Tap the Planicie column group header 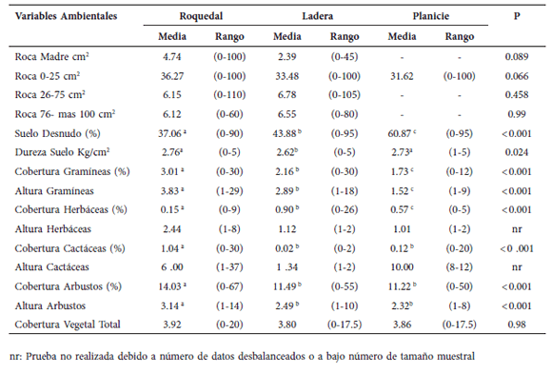431,18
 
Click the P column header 516,18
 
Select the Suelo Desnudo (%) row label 59,133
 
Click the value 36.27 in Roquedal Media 172,77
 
